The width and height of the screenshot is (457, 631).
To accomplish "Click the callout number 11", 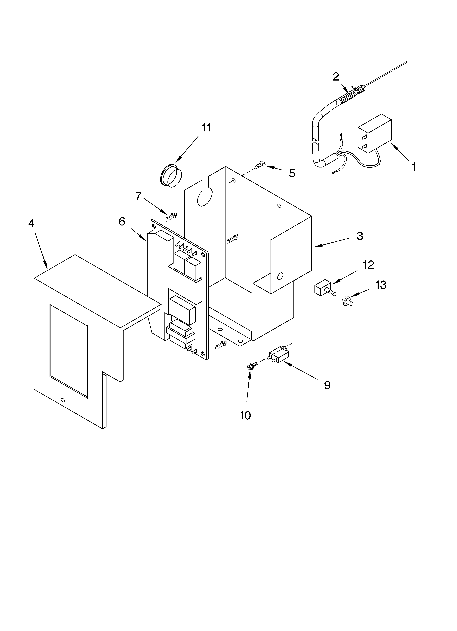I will tap(206, 128).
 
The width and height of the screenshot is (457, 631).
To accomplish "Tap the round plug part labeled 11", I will tap(171, 176).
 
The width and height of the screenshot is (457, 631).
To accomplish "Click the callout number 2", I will tap(336, 77).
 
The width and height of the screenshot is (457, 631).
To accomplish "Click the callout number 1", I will tap(414, 167).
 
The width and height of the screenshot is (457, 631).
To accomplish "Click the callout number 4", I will tap(31, 223).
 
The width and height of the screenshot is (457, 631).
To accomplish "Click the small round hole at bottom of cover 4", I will tap(63, 400).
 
